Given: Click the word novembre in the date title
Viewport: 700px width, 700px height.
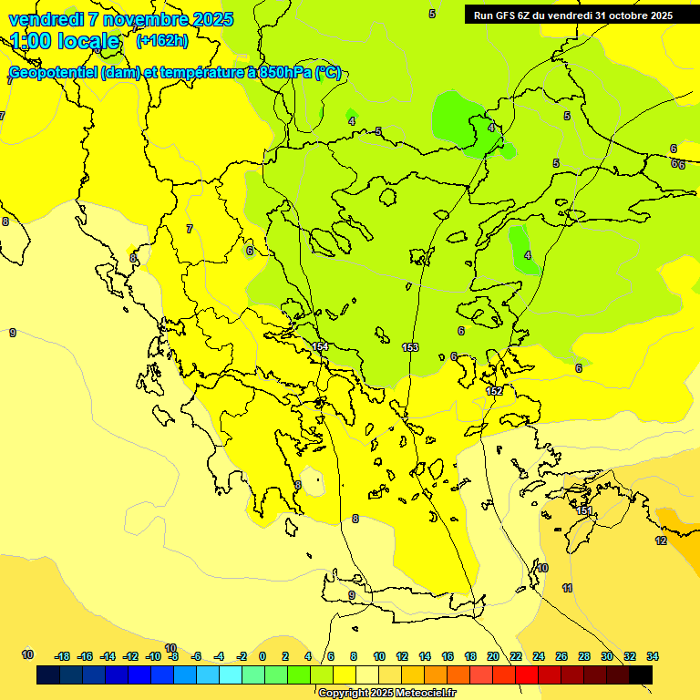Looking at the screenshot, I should click(139, 19).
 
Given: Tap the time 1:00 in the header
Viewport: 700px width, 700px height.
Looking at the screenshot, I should click(33, 41).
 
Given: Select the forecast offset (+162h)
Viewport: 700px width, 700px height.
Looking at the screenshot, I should click(161, 41).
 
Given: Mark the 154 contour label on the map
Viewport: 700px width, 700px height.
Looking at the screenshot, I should click(320, 347).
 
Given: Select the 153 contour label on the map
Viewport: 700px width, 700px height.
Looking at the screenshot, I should click(410, 347).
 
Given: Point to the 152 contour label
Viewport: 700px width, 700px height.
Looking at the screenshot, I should click(494, 391).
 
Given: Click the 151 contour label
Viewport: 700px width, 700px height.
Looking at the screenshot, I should click(583, 511).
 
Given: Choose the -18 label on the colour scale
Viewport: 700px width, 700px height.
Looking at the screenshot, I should click(63, 656).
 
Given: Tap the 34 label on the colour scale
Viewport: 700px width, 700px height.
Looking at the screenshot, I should click(653, 656).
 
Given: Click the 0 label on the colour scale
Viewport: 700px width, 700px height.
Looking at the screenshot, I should click(262, 656).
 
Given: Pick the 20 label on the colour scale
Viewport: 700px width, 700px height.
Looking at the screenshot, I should click(493, 656).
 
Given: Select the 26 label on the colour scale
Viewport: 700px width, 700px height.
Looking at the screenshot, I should click(561, 656).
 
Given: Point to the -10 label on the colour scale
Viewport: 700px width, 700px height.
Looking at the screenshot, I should click(153, 656).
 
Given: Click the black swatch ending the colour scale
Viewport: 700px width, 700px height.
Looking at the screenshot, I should click(641, 675).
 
